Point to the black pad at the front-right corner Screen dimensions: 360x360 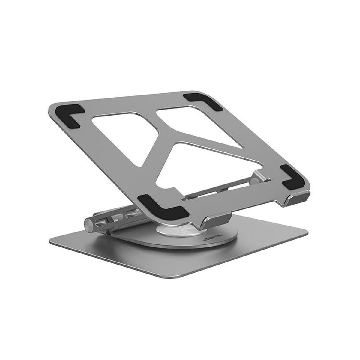(292, 177)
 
